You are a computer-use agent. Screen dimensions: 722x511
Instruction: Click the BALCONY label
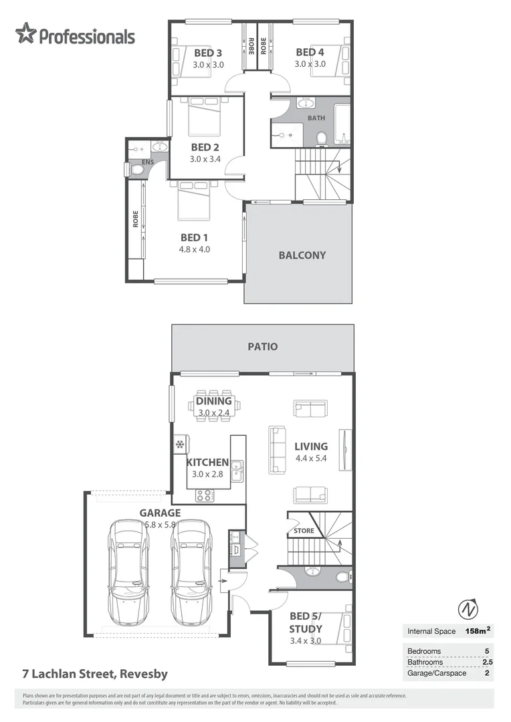pos(302,255)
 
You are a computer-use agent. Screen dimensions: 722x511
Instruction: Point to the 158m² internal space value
pos(478,630)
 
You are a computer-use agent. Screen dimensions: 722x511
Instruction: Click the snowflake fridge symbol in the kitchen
pos(180,444)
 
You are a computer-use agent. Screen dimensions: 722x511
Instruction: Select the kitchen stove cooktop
pos(204,495)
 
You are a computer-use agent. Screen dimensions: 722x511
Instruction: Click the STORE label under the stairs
pos(304,531)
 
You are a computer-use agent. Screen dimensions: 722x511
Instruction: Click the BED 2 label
pos(205,147)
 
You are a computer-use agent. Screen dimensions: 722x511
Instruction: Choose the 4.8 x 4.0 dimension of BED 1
pos(195,249)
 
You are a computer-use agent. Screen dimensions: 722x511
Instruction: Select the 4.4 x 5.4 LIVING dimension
pos(311,459)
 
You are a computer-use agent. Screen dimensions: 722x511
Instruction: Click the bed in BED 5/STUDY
pos(340,628)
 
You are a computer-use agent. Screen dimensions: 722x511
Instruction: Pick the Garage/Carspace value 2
pos(487,673)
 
